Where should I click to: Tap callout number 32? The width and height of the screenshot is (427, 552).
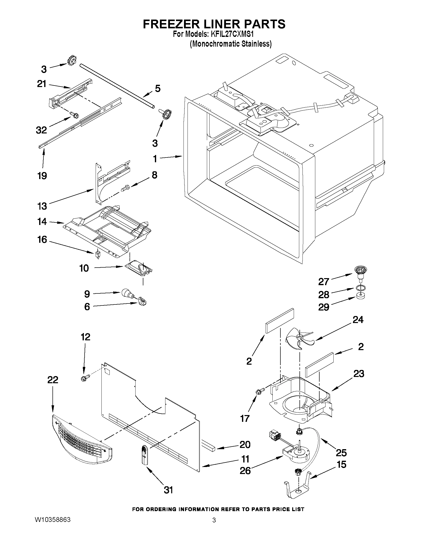tap(41, 130)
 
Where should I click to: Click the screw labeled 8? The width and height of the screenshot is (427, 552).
tap(125, 188)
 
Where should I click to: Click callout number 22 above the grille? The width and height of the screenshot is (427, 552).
tap(53, 380)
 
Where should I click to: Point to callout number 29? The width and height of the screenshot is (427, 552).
tap(324, 307)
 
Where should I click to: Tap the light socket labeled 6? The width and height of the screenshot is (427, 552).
tap(143, 301)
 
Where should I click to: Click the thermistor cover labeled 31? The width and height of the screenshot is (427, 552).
tap(145, 455)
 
